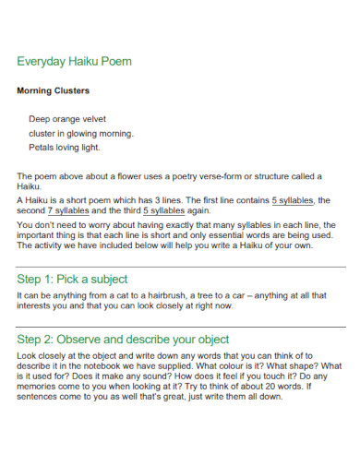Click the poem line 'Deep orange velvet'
(x=67, y=119)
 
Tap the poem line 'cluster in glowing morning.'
(x=82, y=133)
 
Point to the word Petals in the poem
(x=42, y=147)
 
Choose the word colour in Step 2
(x=248, y=367)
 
